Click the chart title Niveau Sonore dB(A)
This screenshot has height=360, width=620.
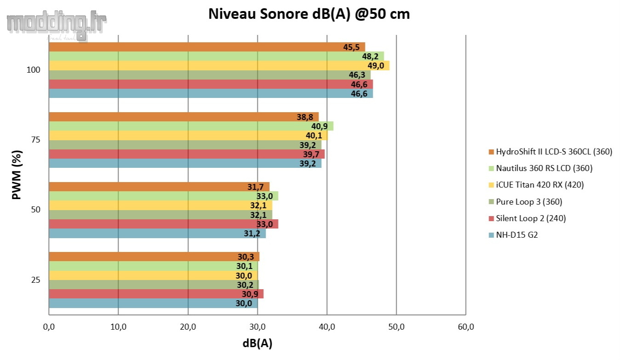tap(309, 14)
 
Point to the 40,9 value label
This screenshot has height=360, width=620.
tap(319, 126)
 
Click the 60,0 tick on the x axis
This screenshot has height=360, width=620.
tap(466, 327)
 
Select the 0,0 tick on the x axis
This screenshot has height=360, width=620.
tap(49, 327)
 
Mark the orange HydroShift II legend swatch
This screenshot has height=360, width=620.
tap(491, 152)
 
